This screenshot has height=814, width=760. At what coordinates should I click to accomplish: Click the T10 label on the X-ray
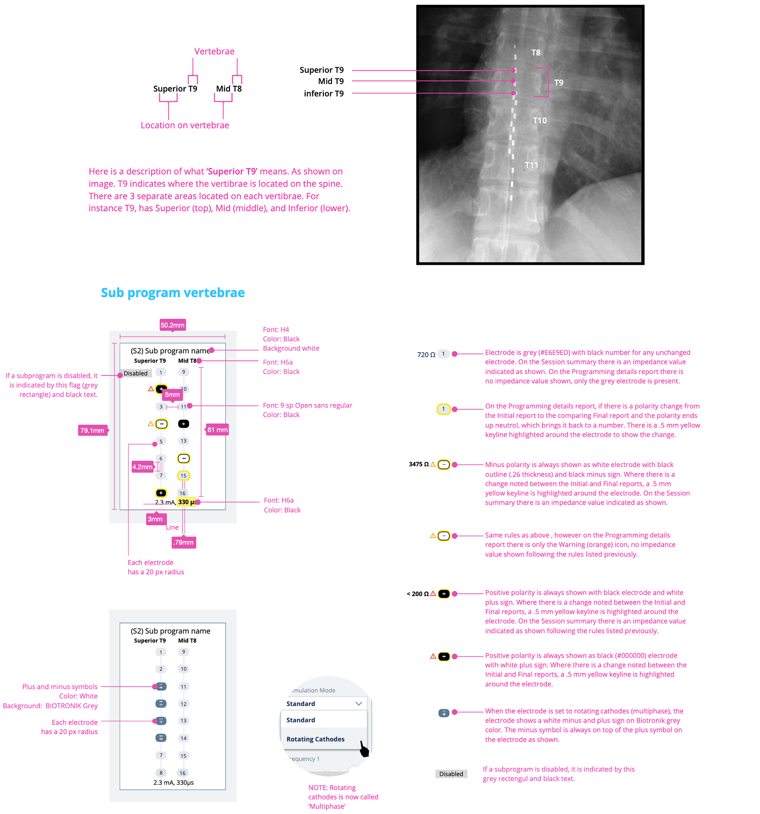point(539,120)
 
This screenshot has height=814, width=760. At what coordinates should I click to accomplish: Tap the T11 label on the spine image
point(532,165)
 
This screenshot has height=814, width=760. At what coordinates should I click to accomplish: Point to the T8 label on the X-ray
point(536,52)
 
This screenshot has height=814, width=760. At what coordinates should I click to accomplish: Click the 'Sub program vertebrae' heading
point(173,292)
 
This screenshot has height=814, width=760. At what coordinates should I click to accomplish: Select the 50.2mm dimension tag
point(173,325)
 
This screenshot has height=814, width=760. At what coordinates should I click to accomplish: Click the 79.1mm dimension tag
point(93,430)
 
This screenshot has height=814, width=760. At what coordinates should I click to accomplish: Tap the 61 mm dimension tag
point(217,430)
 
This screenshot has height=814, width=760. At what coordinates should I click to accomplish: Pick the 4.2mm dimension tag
point(142,467)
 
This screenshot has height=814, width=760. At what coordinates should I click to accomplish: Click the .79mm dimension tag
point(183,542)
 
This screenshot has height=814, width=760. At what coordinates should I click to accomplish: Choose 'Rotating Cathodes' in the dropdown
point(315,739)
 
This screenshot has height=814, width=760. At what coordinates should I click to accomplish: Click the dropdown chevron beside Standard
point(359,704)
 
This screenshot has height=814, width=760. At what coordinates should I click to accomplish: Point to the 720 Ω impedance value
point(426,355)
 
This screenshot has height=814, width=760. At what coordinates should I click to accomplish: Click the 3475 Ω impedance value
point(418,464)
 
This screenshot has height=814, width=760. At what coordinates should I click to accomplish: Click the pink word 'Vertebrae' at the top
point(214,51)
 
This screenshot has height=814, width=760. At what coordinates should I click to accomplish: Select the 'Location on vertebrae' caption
point(185,125)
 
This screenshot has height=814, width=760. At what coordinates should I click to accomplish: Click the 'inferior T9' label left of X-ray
point(323,94)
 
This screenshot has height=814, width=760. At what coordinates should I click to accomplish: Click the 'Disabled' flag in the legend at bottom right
point(451,774)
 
